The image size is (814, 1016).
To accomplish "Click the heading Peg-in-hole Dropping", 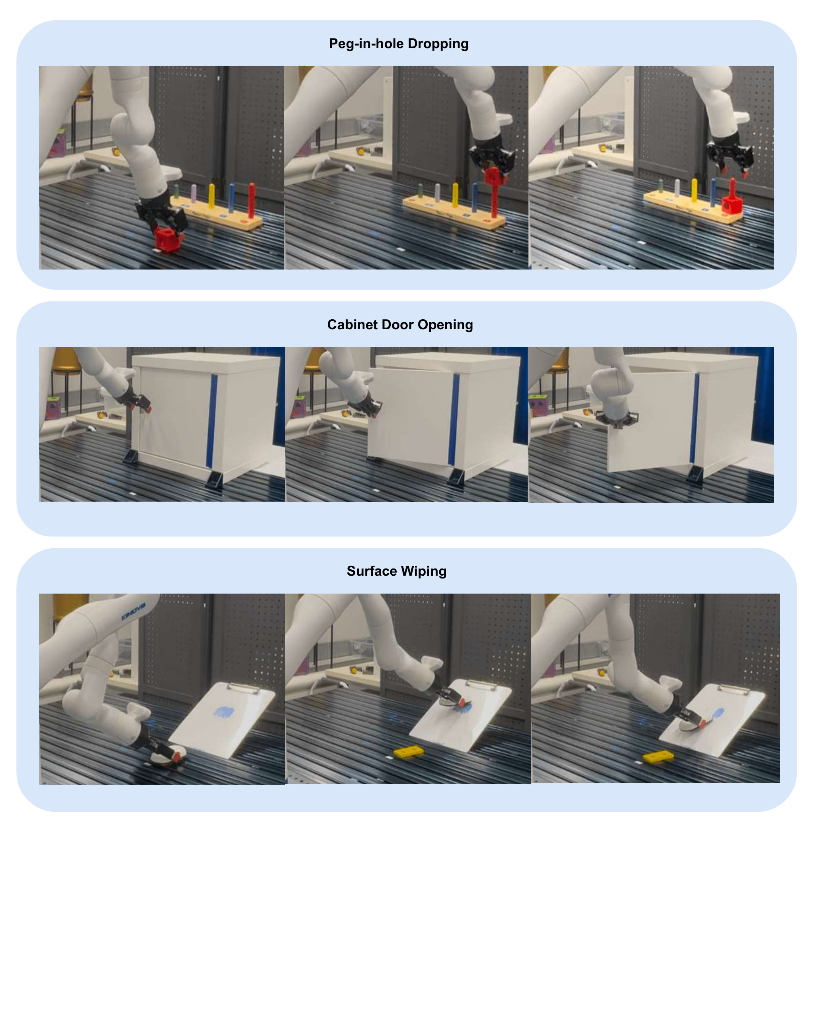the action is pyautogui.click(x=399, y=44).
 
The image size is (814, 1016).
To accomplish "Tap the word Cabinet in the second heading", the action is pyautogui.click(x=347, y=325).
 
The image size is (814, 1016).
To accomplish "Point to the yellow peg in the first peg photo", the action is pyautogui.click(x=211, y=196).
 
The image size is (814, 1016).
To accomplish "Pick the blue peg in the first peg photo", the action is pyautogui.click(x=232, y=197).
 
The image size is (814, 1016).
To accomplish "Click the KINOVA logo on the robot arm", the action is pyautogui.click(x=133, y=612).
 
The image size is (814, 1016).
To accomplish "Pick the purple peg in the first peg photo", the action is pyautogui.click(x=194, y=193).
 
